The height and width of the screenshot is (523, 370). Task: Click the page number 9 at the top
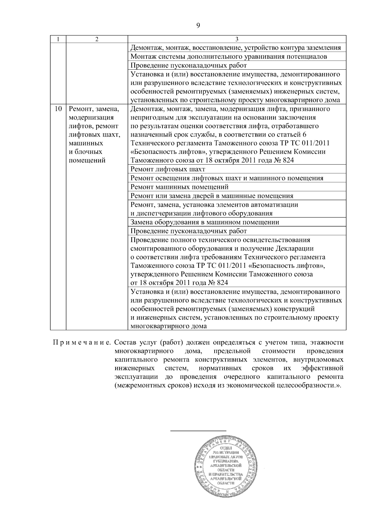198,26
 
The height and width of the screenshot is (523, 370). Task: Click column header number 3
237,39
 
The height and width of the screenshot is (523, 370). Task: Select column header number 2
97,39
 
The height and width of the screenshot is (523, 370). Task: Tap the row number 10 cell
58,109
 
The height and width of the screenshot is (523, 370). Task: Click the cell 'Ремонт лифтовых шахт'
168,169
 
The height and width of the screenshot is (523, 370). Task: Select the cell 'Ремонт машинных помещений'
179,187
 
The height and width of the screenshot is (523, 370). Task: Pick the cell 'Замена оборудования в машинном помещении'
205,222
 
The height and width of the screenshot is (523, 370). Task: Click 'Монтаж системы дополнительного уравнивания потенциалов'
229,57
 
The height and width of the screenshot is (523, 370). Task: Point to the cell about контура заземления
236,48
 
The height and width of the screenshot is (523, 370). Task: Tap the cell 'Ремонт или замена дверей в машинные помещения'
212,196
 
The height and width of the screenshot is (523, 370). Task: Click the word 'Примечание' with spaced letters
82,342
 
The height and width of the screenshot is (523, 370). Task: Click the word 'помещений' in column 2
87,161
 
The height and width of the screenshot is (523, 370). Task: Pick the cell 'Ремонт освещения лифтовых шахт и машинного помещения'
227,178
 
